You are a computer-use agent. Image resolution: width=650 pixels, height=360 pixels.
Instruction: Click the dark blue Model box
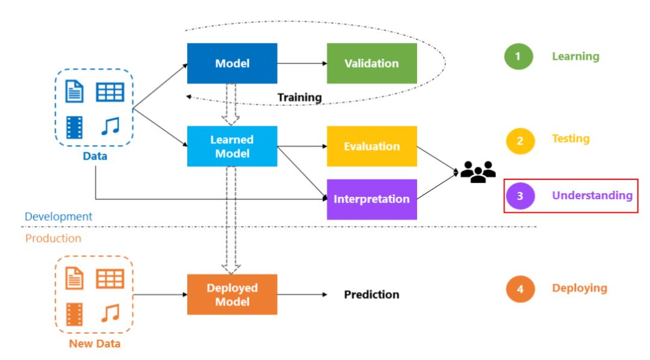(232, 63)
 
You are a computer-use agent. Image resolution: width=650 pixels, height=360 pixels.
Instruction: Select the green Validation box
(372, 63)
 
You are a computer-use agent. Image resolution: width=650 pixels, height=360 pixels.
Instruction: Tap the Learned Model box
(232, 146)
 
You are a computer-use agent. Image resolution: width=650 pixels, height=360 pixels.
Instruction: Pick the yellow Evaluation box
(372, 146)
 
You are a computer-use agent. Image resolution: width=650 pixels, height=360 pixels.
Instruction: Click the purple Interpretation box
(372, 199)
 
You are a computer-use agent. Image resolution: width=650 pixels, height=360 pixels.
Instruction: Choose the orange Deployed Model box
(232, 294)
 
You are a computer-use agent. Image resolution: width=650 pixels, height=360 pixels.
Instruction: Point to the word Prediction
(372, 294)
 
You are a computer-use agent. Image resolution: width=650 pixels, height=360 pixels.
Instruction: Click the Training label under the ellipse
(299, 98)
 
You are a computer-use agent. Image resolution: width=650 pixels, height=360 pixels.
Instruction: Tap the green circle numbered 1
(519, 57)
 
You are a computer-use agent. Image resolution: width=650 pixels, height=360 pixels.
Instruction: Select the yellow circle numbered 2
(520, 141)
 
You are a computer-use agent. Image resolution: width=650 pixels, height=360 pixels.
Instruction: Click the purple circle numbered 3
(520, 196)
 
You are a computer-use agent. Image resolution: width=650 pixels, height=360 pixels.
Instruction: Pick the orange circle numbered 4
(520, 289)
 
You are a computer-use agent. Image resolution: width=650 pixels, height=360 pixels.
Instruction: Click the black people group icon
(478, 172)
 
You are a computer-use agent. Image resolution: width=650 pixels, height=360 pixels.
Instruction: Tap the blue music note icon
(111, 126)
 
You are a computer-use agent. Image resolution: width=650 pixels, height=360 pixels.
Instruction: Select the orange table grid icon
(110, 279)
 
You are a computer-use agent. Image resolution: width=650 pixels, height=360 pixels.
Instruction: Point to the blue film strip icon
(75, 128)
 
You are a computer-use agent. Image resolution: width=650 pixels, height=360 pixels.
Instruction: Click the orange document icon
(75, 278)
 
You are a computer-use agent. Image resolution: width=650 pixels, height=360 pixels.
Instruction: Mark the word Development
(58, 217)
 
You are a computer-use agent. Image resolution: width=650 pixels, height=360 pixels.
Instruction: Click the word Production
(54, 238)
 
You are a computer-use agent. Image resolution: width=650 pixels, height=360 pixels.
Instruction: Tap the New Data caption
(94, 344)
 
